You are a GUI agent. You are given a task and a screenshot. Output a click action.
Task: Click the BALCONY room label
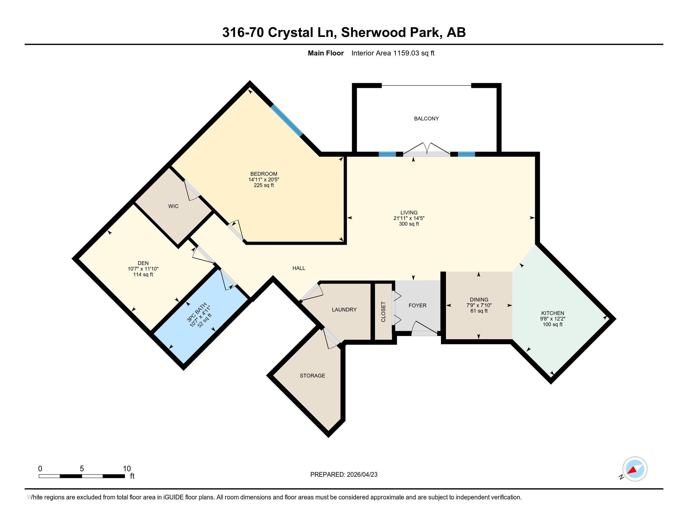point(426,119)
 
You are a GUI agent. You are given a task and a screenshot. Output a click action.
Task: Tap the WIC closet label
point(173,206)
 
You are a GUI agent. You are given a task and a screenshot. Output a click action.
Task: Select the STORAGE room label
point(312,375)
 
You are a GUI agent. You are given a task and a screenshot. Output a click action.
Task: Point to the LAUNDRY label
point(344,309)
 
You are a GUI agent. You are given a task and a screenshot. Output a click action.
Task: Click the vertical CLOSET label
point(383,312)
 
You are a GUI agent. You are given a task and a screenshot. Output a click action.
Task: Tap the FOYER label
point(417,305)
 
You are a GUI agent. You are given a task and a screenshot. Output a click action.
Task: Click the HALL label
point(299,268)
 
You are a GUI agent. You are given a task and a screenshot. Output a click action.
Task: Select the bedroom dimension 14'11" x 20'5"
point(264,179)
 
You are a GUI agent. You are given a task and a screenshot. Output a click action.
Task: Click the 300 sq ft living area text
point(409,224)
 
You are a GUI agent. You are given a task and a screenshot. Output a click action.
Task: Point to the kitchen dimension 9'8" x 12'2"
point(552,319)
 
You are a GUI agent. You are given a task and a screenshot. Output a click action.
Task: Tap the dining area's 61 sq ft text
point(479,311)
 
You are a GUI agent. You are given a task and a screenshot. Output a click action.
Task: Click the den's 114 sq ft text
point(143,274)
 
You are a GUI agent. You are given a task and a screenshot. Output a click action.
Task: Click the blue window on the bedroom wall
point(287,120)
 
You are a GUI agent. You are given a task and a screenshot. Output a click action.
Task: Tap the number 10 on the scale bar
point(127,468)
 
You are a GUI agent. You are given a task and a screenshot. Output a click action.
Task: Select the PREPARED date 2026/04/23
point(362,474)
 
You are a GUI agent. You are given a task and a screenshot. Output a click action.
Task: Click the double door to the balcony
point(427,149)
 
